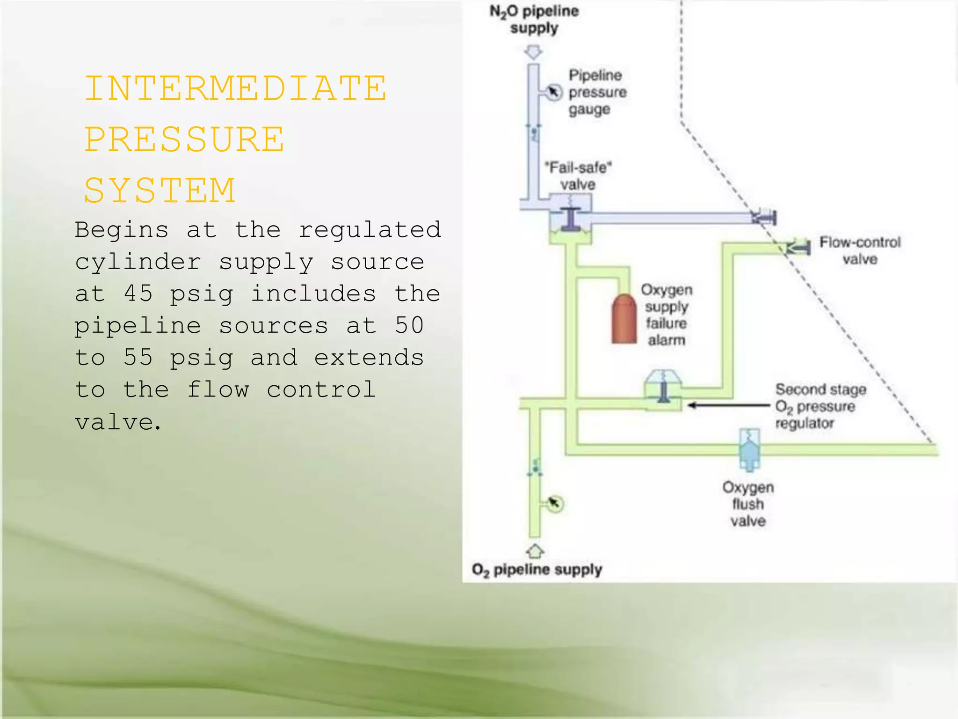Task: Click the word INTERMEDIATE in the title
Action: coord(236,89)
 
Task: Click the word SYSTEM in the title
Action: coord(160,191)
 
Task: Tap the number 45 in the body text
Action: coord(138,294)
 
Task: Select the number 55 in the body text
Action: coord(138,358)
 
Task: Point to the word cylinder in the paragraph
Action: coord(138,262)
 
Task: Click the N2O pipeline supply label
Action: coord(534,20)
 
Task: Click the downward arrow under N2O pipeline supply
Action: coord(533,52)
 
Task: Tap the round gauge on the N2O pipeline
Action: coord(554,92)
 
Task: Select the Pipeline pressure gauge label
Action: coord(596,92)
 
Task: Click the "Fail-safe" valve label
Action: coord(578,176)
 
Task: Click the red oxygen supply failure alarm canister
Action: coord(624,319)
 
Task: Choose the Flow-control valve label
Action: coord(860,251)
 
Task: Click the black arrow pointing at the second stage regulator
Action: coord(727,405)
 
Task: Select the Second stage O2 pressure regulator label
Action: coord(820,406)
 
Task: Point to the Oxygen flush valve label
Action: coord(748,504)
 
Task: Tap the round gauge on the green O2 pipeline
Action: coord(555,504)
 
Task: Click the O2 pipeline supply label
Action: coord(537,570)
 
